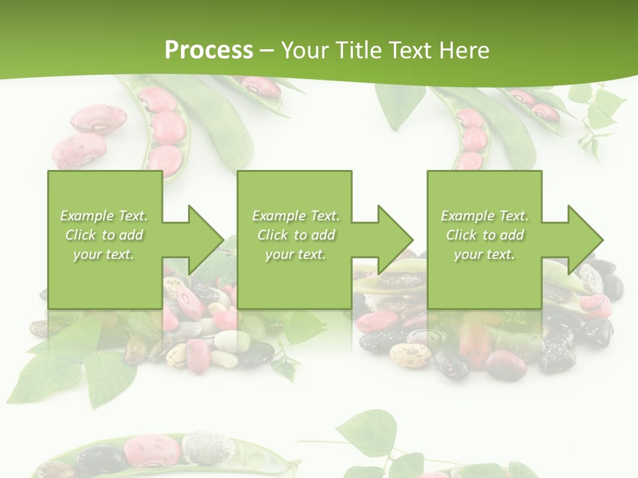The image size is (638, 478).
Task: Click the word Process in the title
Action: tap(209, 50)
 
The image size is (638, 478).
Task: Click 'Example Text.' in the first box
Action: tap(104, 216)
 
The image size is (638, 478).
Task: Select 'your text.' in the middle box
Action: tap(296, 254)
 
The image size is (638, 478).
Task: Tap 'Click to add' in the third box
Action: tap(484, 235)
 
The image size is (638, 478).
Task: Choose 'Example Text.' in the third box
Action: tap(484, 216)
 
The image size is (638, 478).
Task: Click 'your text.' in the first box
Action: tap(104, 254)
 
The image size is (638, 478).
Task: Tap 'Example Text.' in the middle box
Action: tap(296, 216)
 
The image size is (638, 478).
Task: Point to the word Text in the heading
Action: tap(412, 50)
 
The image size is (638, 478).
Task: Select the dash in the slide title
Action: tap(267, 50)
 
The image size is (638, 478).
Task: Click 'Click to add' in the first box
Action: tap(104, 235)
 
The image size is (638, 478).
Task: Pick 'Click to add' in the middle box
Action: tap(296, 235)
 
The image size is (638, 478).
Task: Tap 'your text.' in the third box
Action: tap(484, 254)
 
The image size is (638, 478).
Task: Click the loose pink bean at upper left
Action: tap(98, 119)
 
